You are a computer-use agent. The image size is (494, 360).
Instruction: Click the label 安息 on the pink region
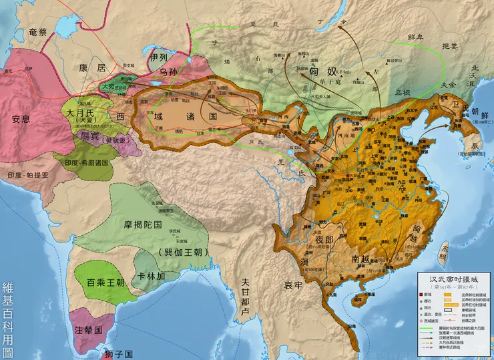(x=21, y=120)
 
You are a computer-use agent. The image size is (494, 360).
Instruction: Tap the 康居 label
(x=92, y=68)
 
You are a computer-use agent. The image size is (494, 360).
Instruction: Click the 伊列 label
(x=159, y=58)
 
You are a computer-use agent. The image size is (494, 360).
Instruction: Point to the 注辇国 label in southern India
(x=88, y=330)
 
